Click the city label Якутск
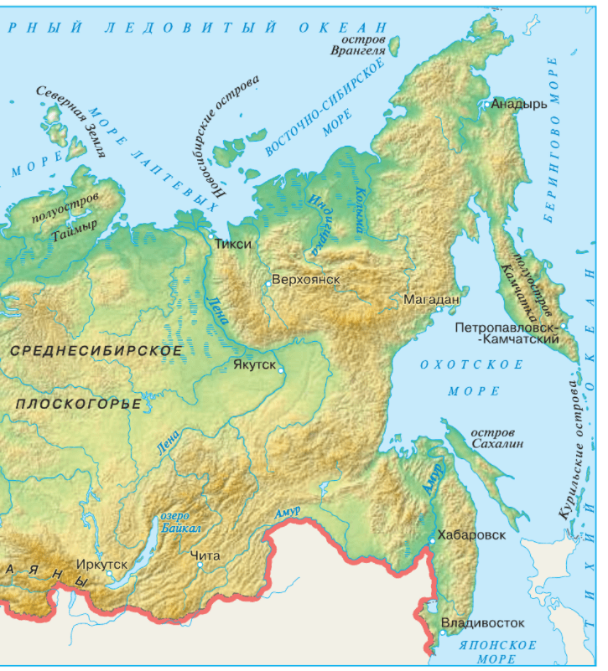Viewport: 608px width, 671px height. tap(254, 365)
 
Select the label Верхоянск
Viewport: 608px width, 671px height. tap(306, 278)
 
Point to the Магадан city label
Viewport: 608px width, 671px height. tap(432, 299)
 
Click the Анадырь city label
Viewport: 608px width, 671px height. tap(519, 104)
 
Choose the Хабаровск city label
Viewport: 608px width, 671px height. tap(471, 534)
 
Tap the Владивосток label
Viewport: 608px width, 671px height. tap(482, 623)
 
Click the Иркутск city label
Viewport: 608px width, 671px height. tap(101, 564)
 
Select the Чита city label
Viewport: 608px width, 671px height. tap(205, 555)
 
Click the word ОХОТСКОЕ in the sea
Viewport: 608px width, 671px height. tap(471, 365)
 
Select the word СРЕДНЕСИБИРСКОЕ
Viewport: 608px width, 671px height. tap(97, 350)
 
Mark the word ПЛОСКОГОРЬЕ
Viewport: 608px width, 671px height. tap(78, 404)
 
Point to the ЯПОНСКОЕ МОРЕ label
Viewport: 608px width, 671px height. tap(497, 652)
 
